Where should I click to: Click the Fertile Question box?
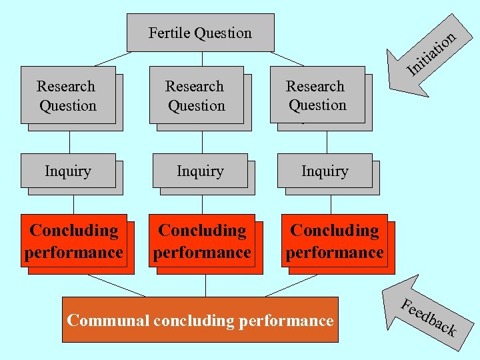(200, 33)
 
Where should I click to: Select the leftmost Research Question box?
(67, 95)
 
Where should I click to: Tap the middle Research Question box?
(196, 95)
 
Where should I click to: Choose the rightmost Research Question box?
(317, 95)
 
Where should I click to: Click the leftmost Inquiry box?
(67, 171)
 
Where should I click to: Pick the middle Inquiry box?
(200, 171)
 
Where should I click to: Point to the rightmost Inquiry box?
(325, 171)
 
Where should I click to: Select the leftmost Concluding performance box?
(74, 241)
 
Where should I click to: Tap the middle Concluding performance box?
(202, 241)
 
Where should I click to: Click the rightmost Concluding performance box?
(334, 241)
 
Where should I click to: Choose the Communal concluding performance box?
(200, 320)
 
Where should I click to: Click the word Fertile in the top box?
(169, 33)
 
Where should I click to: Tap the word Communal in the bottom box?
(108, 320)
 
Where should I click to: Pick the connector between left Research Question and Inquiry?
(69, 141)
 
